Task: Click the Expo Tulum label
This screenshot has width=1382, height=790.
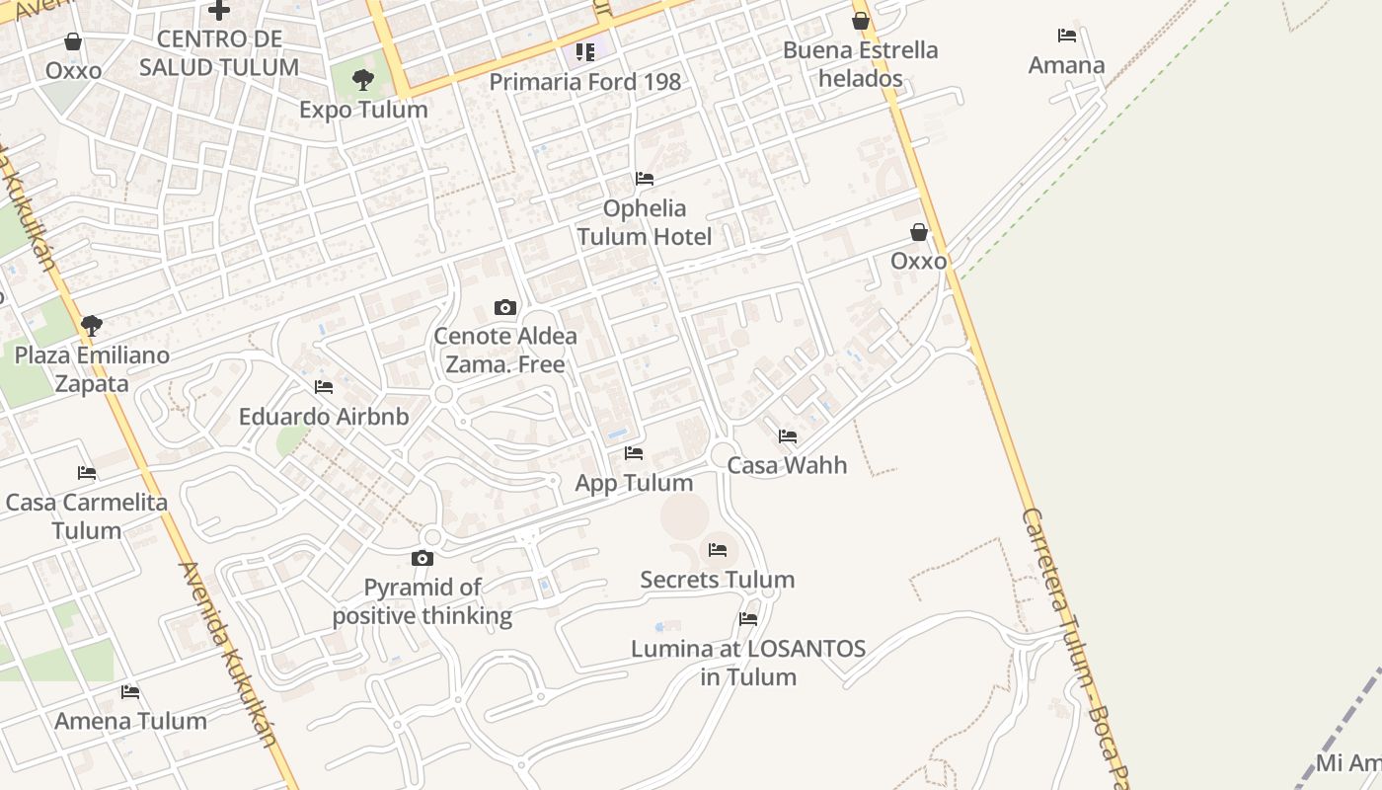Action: pyautogui.click(x=363, y=110)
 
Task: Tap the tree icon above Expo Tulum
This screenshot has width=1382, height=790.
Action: pyautogui.click(x=363, y=80)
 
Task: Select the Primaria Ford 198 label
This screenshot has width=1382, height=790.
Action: pyautogui.click(x=585, y=82)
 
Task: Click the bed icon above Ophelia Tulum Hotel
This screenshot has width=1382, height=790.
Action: pyautogui.click(x=645, y=179)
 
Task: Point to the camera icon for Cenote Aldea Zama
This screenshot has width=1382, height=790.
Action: pyautogui.click(x=505, y=307)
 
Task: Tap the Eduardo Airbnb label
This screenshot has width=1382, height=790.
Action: pyautogui.click(x=324, y=417)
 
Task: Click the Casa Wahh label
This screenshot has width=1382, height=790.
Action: pyautogui.click(x=787, y=465)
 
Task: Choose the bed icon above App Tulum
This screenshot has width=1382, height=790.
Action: pyautogui.click(x=634, y=453)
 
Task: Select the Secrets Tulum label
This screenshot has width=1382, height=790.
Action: pyautogui.click(x=718, y=580)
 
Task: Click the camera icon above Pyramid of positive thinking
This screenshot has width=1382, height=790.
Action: pyautogui.click(x=422, y=558)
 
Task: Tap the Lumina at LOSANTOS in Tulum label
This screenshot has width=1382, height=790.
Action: pyautogui.click(x=748, y=663)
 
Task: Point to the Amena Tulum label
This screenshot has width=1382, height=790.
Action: pyautogui.click(x=130, y=721)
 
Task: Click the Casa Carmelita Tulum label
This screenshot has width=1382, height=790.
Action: pyautogui.click(x=87, y=515)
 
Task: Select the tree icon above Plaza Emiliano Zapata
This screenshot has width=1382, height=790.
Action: pyautogui.click(x=92, y=325)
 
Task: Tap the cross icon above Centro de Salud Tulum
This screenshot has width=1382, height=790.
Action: pyautogui.click(x=219, y=11)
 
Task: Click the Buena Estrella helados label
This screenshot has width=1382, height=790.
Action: pyautogui.click(x=861, y=64)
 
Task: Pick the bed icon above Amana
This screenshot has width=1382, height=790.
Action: pyautogui.click(x=1067, y=36)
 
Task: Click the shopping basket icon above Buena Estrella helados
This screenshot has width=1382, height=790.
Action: pyautogui.click(x=861, y=21)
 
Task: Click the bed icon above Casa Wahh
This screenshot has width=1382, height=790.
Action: pyautogui.click(x=788, y=435)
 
